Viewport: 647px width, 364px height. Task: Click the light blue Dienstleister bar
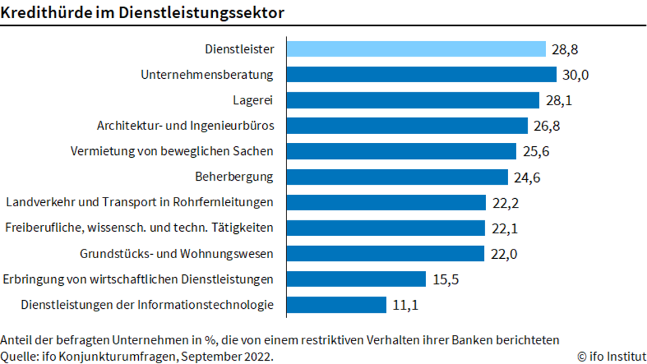(x=416, y=49)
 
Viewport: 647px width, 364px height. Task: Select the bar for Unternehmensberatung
(x=421, y=75)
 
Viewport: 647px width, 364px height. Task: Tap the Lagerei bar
(x=412, y=100)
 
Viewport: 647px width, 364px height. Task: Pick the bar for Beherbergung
(x=397, y=177)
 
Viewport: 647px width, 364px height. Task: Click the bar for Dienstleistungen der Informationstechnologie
(x=336, y=305)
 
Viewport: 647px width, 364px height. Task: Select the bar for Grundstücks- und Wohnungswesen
(x=386, y=254)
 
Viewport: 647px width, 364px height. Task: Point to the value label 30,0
(x=575, y=75)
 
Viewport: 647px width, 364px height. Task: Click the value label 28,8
(x=565, y=49)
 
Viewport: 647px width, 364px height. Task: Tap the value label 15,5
(x=445, y=280)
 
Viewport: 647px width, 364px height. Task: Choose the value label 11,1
(x=405, y=305)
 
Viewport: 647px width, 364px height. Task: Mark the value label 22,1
(x=505, y=229)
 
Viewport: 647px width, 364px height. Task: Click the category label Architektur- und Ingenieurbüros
(x=185, y=125)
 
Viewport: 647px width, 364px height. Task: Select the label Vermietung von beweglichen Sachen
(x=172, y=151)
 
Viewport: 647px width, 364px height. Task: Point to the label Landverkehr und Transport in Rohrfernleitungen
(x=140, y=202)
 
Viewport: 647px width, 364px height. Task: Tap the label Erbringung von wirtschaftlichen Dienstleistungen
(x=137, y=279)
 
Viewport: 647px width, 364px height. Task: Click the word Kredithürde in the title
(x=47, y=13)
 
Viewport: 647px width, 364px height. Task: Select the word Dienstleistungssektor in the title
(x=202, y=13)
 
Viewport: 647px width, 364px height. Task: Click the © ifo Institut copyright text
(x=611, y=356)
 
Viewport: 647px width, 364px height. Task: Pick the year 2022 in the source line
(x=257, y=356)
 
